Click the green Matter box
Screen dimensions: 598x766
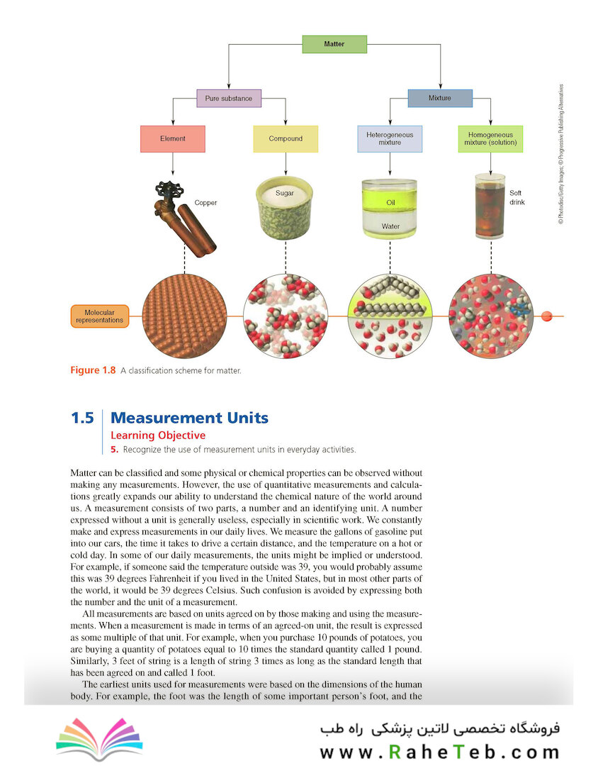click(334, 44)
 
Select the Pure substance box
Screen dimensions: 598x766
click(229, 98)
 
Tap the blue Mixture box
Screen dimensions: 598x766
click(440, 98)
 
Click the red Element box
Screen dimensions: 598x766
click(173, 139)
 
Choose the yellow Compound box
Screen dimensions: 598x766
click(286, 139)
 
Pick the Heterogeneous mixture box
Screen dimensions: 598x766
click(390, 139)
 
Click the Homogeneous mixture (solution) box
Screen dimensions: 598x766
click(490, 139)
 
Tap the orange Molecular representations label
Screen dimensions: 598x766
click(100, 316)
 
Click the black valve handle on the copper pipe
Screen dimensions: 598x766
click(169, 191)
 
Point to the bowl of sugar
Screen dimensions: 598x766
click(284, 208)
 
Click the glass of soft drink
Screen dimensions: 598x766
click(490, 206)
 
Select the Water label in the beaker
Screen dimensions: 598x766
click(390, 226)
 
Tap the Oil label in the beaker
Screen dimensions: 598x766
click(390, 202)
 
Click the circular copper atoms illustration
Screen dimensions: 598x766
click(184, 316)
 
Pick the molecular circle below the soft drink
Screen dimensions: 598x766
click(490, 316)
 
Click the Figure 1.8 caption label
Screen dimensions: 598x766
click(93, 370)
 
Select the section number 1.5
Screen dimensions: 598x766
click(82, 418)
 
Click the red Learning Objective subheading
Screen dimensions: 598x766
click(158, 435)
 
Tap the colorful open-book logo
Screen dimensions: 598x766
click(100, 738)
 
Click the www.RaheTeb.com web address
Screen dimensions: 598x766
click(440, 752)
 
